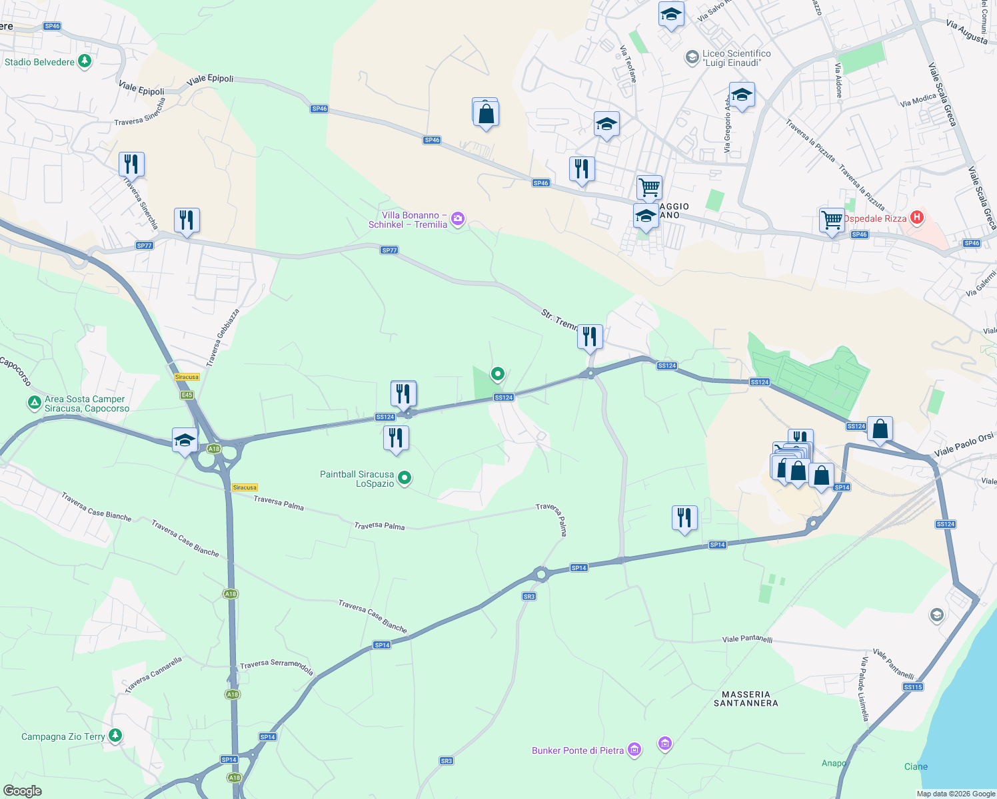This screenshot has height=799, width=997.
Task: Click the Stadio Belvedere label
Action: click(x=39, y=62)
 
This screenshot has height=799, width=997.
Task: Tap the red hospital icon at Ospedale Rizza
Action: click(x=917, y=217)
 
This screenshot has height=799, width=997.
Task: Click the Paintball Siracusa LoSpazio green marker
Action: click(x=404, y=478)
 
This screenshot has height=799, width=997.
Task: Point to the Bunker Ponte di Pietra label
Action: click(x=578, y=750)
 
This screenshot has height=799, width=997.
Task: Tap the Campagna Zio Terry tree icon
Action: click(x=115, y=735)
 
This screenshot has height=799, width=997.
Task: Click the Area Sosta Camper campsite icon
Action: click(x=34, y=402)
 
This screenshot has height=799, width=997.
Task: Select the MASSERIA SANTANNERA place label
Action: click(x=746, y=698)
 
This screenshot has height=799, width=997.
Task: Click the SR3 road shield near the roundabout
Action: click(x=529, y=597)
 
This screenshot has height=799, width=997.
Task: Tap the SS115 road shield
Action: click(x=913, y=687)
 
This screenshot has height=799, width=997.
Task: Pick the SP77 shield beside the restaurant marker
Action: click(x=145, y=246)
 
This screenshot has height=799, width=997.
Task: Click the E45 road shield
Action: click(x=187, y=395)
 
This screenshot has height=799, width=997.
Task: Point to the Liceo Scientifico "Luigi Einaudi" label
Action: click(x=736, y=58)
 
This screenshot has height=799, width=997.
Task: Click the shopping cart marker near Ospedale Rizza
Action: click(x=832, y=219)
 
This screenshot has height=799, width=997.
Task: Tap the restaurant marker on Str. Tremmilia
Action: click(x=589, y=336)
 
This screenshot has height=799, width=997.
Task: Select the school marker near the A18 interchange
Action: click(x=185, y=440)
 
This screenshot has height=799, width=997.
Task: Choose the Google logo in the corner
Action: click(x=23, y=791)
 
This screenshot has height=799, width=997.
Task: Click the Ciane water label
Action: click(x=916, y=766)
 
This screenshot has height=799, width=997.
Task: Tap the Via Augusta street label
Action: click(x=966, y=31)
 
